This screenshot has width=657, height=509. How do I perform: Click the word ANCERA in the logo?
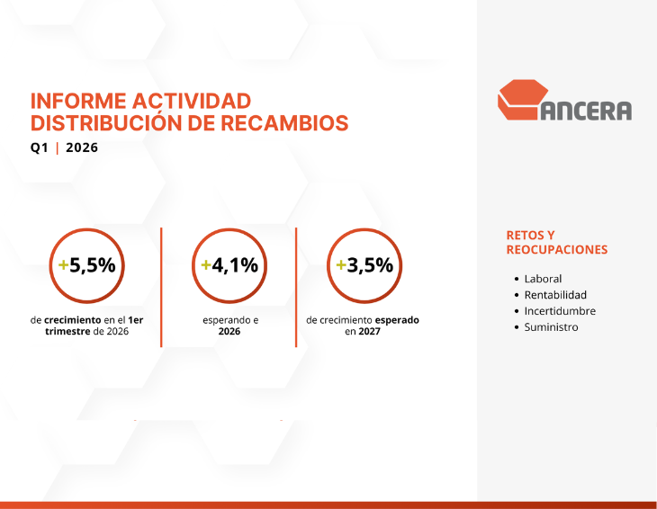pos(586,110)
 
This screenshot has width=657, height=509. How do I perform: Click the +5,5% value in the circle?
pos(86,265)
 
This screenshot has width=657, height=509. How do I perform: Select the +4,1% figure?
pos(229,265)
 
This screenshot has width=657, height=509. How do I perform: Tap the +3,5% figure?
pos(364,265)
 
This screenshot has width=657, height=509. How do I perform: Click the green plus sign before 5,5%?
pos(63,265)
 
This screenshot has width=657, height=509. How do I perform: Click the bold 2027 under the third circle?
pos(368,332)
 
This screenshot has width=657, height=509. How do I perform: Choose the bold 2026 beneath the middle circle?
pos(229,332)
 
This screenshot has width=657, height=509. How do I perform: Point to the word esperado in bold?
pos(396,319)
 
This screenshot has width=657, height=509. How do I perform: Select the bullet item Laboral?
pos(543,279)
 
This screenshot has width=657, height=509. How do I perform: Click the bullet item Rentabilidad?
pos(555,295)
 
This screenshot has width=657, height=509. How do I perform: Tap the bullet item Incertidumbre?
pos(560,311)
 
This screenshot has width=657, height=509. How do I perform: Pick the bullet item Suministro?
pos(551,327)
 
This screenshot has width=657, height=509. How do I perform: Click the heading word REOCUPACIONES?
pos(557,250)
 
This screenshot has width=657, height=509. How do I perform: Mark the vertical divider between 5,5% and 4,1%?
pos(161,286)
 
